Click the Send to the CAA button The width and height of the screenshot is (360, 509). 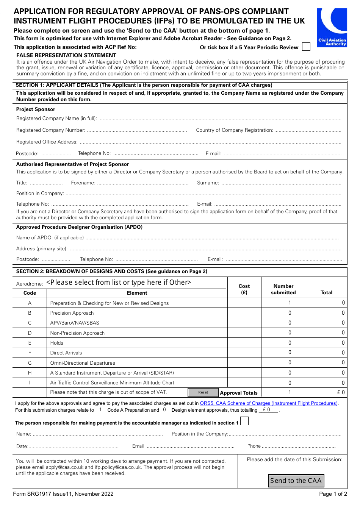(296, 481)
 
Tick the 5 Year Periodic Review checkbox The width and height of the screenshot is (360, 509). (306, 47)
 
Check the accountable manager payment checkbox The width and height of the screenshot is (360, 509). (244, 421)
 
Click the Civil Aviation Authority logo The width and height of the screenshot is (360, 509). (332, 28)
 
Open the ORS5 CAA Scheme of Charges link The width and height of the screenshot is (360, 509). (268, 403)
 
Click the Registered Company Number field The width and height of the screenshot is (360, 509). (137, 130)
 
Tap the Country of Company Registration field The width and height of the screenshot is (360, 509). (307, 130)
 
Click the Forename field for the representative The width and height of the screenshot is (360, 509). (142, 183)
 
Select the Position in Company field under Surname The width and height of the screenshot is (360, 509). (203, 194)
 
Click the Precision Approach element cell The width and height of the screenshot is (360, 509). (72, 313)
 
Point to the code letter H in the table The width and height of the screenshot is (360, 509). (30, 373)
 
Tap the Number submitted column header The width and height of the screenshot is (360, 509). (283, 289)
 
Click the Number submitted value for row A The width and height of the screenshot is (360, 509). (290, 303)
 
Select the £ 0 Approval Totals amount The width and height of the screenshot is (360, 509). (341, 393)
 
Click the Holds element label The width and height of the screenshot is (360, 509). (57, 343)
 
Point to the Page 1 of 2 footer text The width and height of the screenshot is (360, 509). (333, 494)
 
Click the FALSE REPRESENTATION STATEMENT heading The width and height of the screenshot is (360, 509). (66, 55)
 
